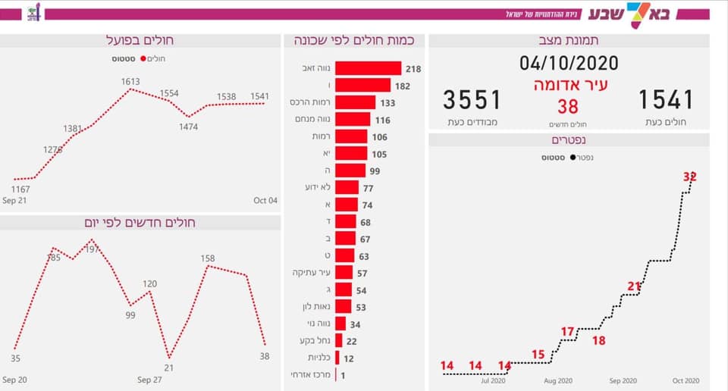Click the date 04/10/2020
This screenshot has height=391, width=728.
(569, 63)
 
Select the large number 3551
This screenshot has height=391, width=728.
(472, 99)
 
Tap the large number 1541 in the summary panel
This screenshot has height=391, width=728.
(666, 99)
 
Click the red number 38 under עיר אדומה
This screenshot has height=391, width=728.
(568, 107)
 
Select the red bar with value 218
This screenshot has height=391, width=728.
(368, 68)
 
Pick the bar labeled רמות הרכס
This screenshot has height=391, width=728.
(355, 102)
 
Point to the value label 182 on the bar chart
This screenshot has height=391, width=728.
(402, 86)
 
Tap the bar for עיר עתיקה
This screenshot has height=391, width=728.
(344, 273)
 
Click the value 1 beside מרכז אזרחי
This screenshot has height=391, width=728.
(343, 375)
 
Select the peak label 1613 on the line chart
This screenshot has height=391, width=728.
(130, 81)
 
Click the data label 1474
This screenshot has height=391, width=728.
(188, 127)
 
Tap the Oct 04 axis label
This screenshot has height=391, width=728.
(265, 200)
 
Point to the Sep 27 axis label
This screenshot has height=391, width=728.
(149, 379)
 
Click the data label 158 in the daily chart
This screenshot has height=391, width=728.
(208, 258)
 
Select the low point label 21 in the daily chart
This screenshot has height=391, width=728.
(168, 368)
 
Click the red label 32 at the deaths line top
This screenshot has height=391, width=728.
(689, 177)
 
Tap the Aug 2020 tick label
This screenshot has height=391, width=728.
(557, 380)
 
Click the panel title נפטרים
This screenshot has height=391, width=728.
(569, 140)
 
